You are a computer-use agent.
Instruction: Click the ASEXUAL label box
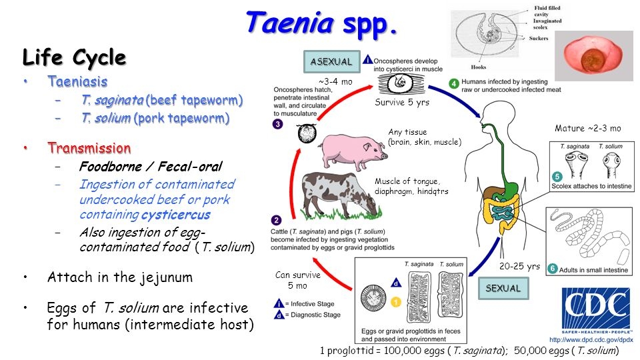click(331, 62)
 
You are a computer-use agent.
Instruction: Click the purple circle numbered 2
click(277, 221)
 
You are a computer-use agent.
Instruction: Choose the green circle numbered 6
click(552, 269)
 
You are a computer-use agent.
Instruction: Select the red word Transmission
click(89, 147)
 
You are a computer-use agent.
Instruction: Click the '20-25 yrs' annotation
click(519, 266)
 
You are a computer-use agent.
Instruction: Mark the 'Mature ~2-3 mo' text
click(587, 128)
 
